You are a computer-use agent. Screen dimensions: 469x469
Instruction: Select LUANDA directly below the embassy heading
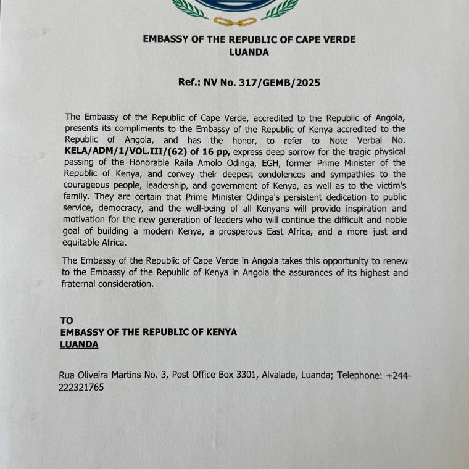(249, 52)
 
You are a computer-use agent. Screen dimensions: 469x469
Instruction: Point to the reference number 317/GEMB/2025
(281, 82)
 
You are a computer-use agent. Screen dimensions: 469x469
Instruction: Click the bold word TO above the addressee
(67, 321)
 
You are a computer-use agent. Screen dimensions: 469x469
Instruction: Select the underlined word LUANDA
(79, 344)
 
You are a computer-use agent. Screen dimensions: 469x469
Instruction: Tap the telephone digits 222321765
(81, 388)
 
